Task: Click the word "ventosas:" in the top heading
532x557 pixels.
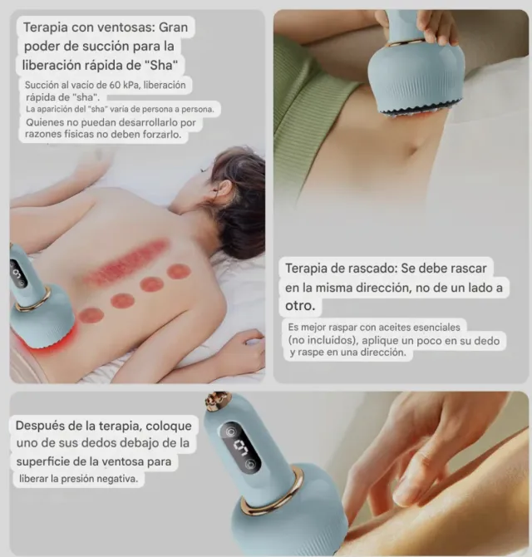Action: (x=118, y=27)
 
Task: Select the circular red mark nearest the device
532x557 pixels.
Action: (x=91, y=316)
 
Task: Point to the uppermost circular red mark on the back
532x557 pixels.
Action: (x=179, y=271)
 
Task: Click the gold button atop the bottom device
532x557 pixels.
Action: (x=219, y=403)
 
